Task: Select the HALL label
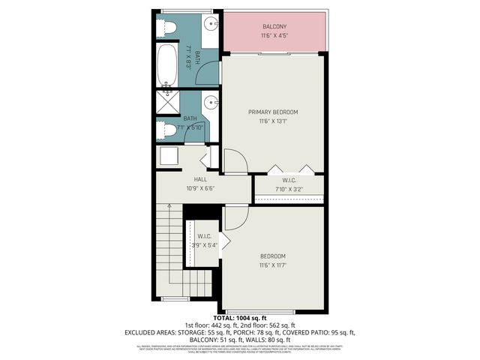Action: coord(200,179)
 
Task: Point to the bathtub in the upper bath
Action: coord(166,66)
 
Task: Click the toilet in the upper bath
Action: coord(168,28)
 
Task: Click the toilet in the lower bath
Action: coord(168,130)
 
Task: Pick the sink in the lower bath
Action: coord(211,102)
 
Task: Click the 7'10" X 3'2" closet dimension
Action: coord(289,189)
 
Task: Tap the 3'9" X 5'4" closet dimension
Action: coord(205,245)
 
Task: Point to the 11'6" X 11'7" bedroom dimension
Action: coord(273,265)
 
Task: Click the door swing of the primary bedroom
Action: coord(234,162)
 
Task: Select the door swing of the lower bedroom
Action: coord(235,217)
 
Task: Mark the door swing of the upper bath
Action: coord(208,73)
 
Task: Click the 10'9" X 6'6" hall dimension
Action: coord(200,188)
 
